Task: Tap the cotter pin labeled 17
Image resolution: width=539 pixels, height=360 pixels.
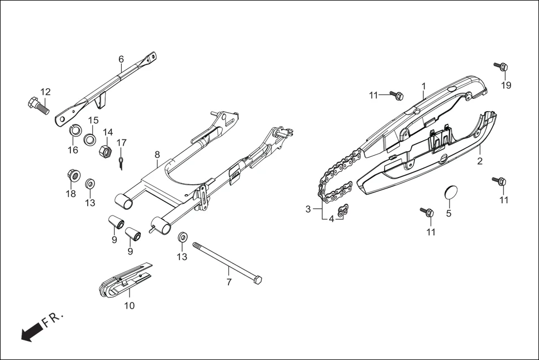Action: (121, 162)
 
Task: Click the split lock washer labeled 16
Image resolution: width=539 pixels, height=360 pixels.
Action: (73, 132)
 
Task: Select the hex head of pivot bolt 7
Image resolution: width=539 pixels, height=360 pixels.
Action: (257, 279)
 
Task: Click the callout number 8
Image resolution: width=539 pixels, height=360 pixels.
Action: (157, 154)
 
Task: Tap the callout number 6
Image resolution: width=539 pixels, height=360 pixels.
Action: (121, 59)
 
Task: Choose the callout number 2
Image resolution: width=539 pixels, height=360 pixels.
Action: (479, 162)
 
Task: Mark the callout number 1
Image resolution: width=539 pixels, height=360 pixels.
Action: (423, 86)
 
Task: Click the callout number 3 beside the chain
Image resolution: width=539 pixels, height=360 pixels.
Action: (308, 209)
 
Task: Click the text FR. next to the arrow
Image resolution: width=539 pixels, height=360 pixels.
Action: (54, 320)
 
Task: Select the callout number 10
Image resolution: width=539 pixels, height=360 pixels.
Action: (129, 306)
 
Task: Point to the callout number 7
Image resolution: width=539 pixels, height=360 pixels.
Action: (228, 282)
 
